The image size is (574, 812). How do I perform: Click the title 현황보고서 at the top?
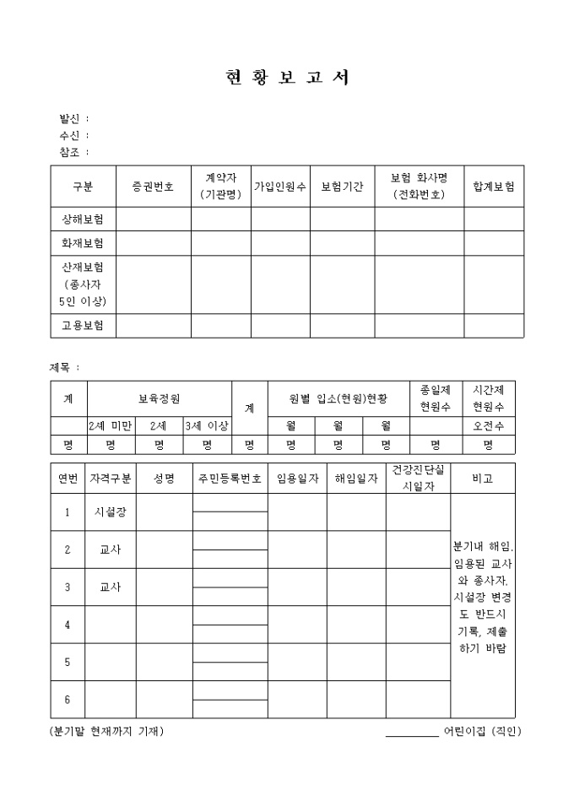287,78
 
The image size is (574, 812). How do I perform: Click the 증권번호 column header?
153,187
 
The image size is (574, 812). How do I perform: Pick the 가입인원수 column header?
280,187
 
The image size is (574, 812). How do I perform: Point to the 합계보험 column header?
494,187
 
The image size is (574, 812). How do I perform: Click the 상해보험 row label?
83,219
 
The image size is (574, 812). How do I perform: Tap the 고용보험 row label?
83,326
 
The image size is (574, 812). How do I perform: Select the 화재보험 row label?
83,243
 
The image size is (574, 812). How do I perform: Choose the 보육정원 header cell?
159,398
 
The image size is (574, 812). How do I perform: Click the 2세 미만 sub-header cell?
111,426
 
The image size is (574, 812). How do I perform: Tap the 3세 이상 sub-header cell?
207,426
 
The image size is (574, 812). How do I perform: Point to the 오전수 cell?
488,426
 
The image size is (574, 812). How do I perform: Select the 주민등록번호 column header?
230,479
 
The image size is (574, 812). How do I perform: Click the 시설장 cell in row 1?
111,512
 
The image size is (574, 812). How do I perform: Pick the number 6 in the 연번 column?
68,699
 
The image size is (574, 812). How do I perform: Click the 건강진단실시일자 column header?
418,478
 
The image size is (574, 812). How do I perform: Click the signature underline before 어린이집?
412,734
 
